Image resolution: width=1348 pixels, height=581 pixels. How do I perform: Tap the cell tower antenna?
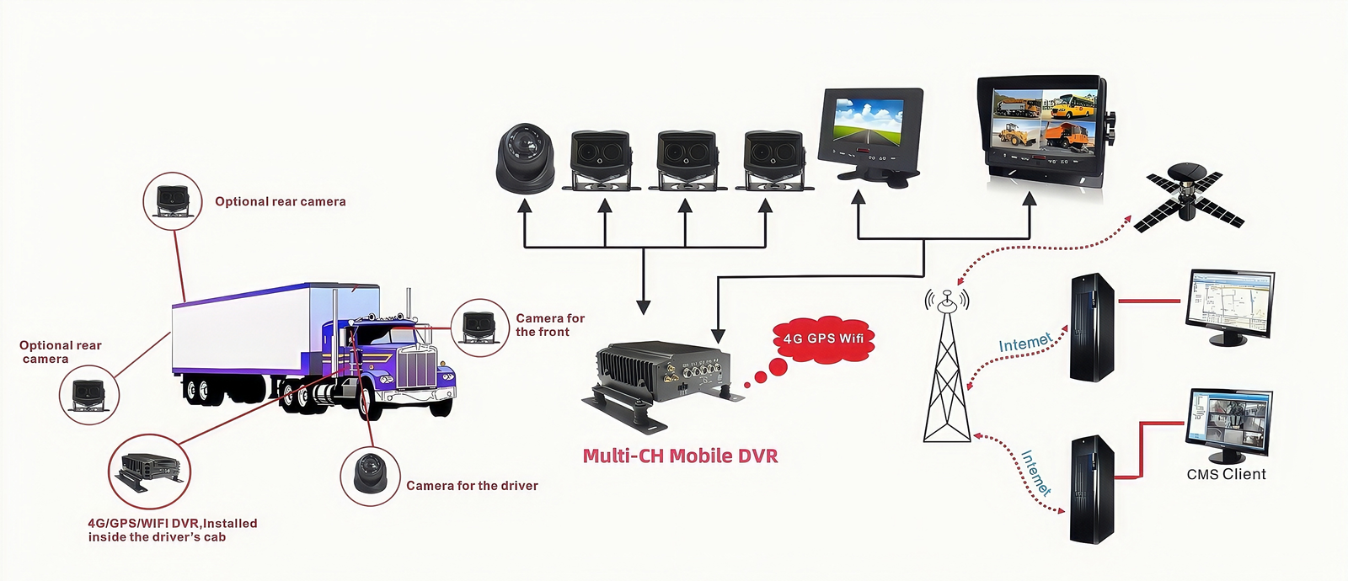click(947, 370)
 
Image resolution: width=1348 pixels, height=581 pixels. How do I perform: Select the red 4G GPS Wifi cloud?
click(822, 338)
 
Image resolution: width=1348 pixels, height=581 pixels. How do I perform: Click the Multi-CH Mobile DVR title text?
click(680, 456)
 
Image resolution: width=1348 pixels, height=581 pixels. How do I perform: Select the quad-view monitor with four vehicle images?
click(1045, 126)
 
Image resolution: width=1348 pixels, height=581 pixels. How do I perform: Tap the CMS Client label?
click(1226, 475)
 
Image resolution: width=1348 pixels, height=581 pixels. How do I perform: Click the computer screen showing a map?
click(1229, 302)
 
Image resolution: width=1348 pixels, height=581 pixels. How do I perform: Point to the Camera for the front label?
click(549, 325)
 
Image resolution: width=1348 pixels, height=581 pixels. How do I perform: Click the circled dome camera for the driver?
click(369, 476)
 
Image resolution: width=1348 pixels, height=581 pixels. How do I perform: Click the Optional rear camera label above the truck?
click(280, 202)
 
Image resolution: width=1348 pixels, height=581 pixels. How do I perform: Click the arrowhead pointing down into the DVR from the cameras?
click(644, 306)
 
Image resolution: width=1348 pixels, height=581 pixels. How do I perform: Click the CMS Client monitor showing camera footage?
click(1228, 421)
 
